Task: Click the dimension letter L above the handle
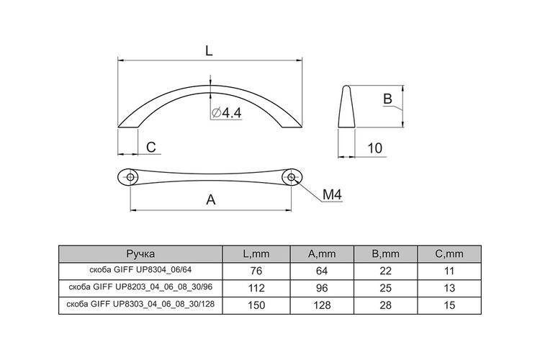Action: coord(209,51)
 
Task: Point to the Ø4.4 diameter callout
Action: coord(227,112)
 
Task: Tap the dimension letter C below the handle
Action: coord(151,147)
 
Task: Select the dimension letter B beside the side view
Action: coord(388,99)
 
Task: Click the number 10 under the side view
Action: coord(375,148)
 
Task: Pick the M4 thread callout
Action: coord(333,194)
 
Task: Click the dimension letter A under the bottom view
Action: coord(211,199)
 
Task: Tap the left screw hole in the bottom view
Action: coord(130,177)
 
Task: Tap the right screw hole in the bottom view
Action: coord(292,177)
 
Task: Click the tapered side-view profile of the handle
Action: coord(346,107)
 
